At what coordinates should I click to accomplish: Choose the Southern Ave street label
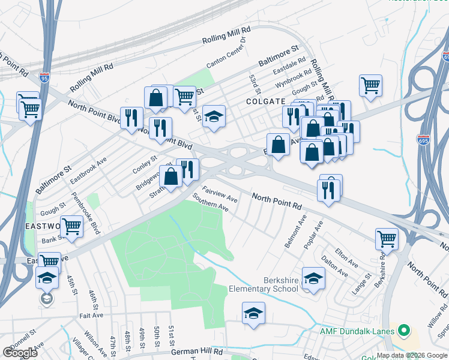point(210,202)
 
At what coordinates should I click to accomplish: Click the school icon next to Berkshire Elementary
point(313,278)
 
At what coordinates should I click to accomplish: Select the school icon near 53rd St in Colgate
point(213,116)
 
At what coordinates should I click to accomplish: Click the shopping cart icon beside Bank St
point(71,227)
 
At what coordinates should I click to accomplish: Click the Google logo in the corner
point(20,353)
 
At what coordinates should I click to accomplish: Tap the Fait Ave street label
point(87,315)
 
